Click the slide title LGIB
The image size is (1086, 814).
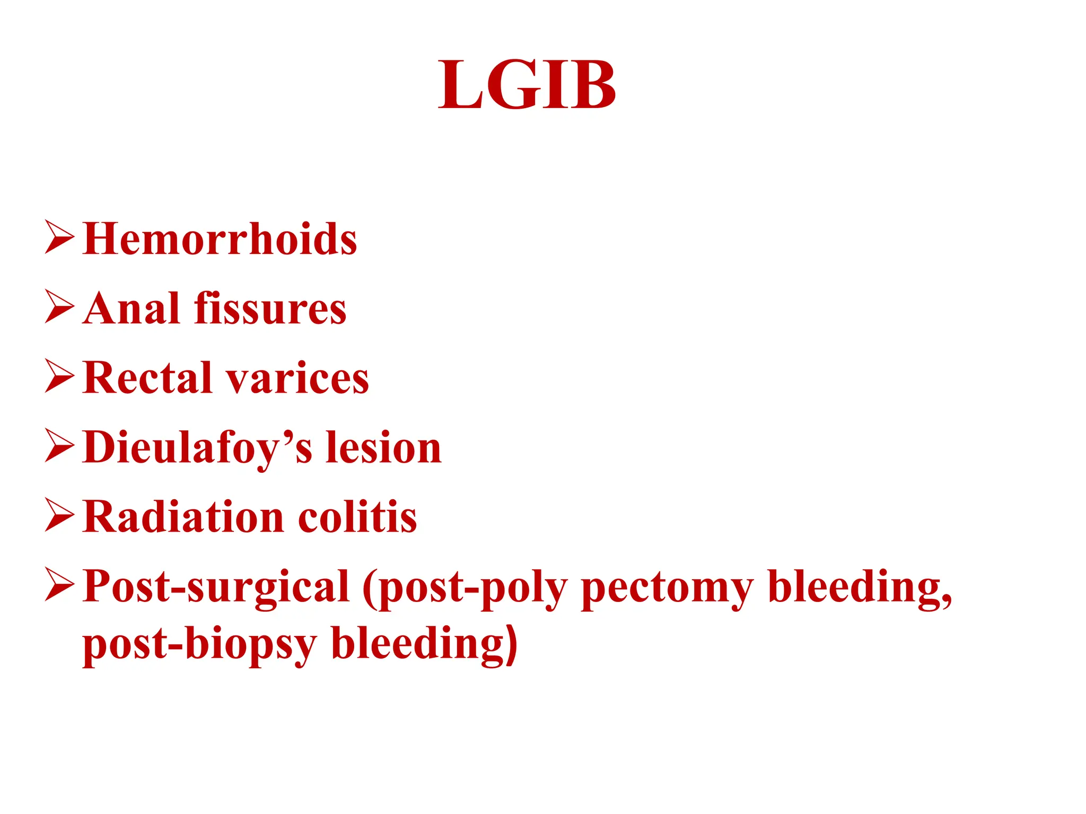pos(527,85)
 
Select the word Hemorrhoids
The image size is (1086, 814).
pos(220,239)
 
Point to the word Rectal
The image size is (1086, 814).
pos(147,378)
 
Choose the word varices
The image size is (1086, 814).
pos(297,379)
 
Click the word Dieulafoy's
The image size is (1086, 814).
pos(198,448)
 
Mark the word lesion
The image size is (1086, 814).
pos(383,448)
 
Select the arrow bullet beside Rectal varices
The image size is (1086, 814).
pos(59,376)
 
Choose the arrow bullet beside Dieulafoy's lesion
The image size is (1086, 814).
pos(59,446)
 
